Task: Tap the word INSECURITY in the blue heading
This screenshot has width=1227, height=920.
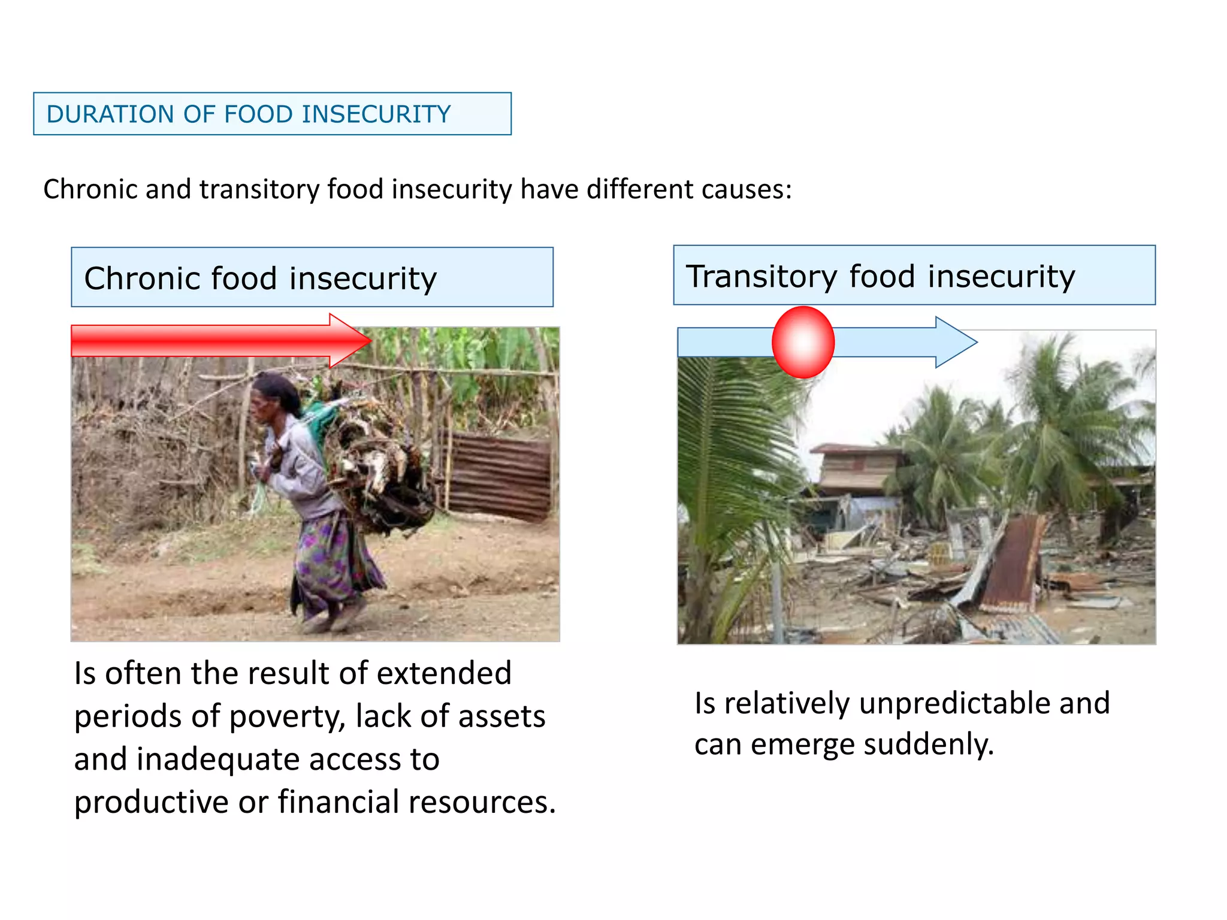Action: tap(376, 114)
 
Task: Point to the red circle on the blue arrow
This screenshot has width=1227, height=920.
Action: tap(803, 342)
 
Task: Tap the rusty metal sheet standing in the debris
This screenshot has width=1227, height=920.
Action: tap(1013, 563)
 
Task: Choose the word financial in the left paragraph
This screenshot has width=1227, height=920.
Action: tap(338, 803)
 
